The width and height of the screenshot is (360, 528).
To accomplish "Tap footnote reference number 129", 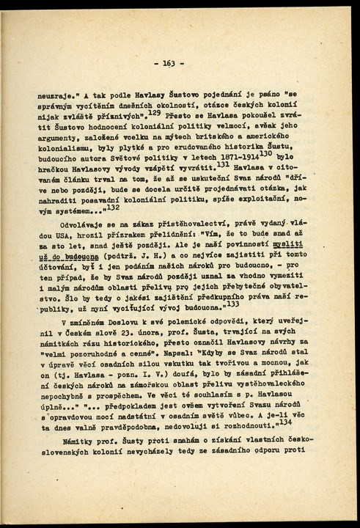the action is pos(155,112).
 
